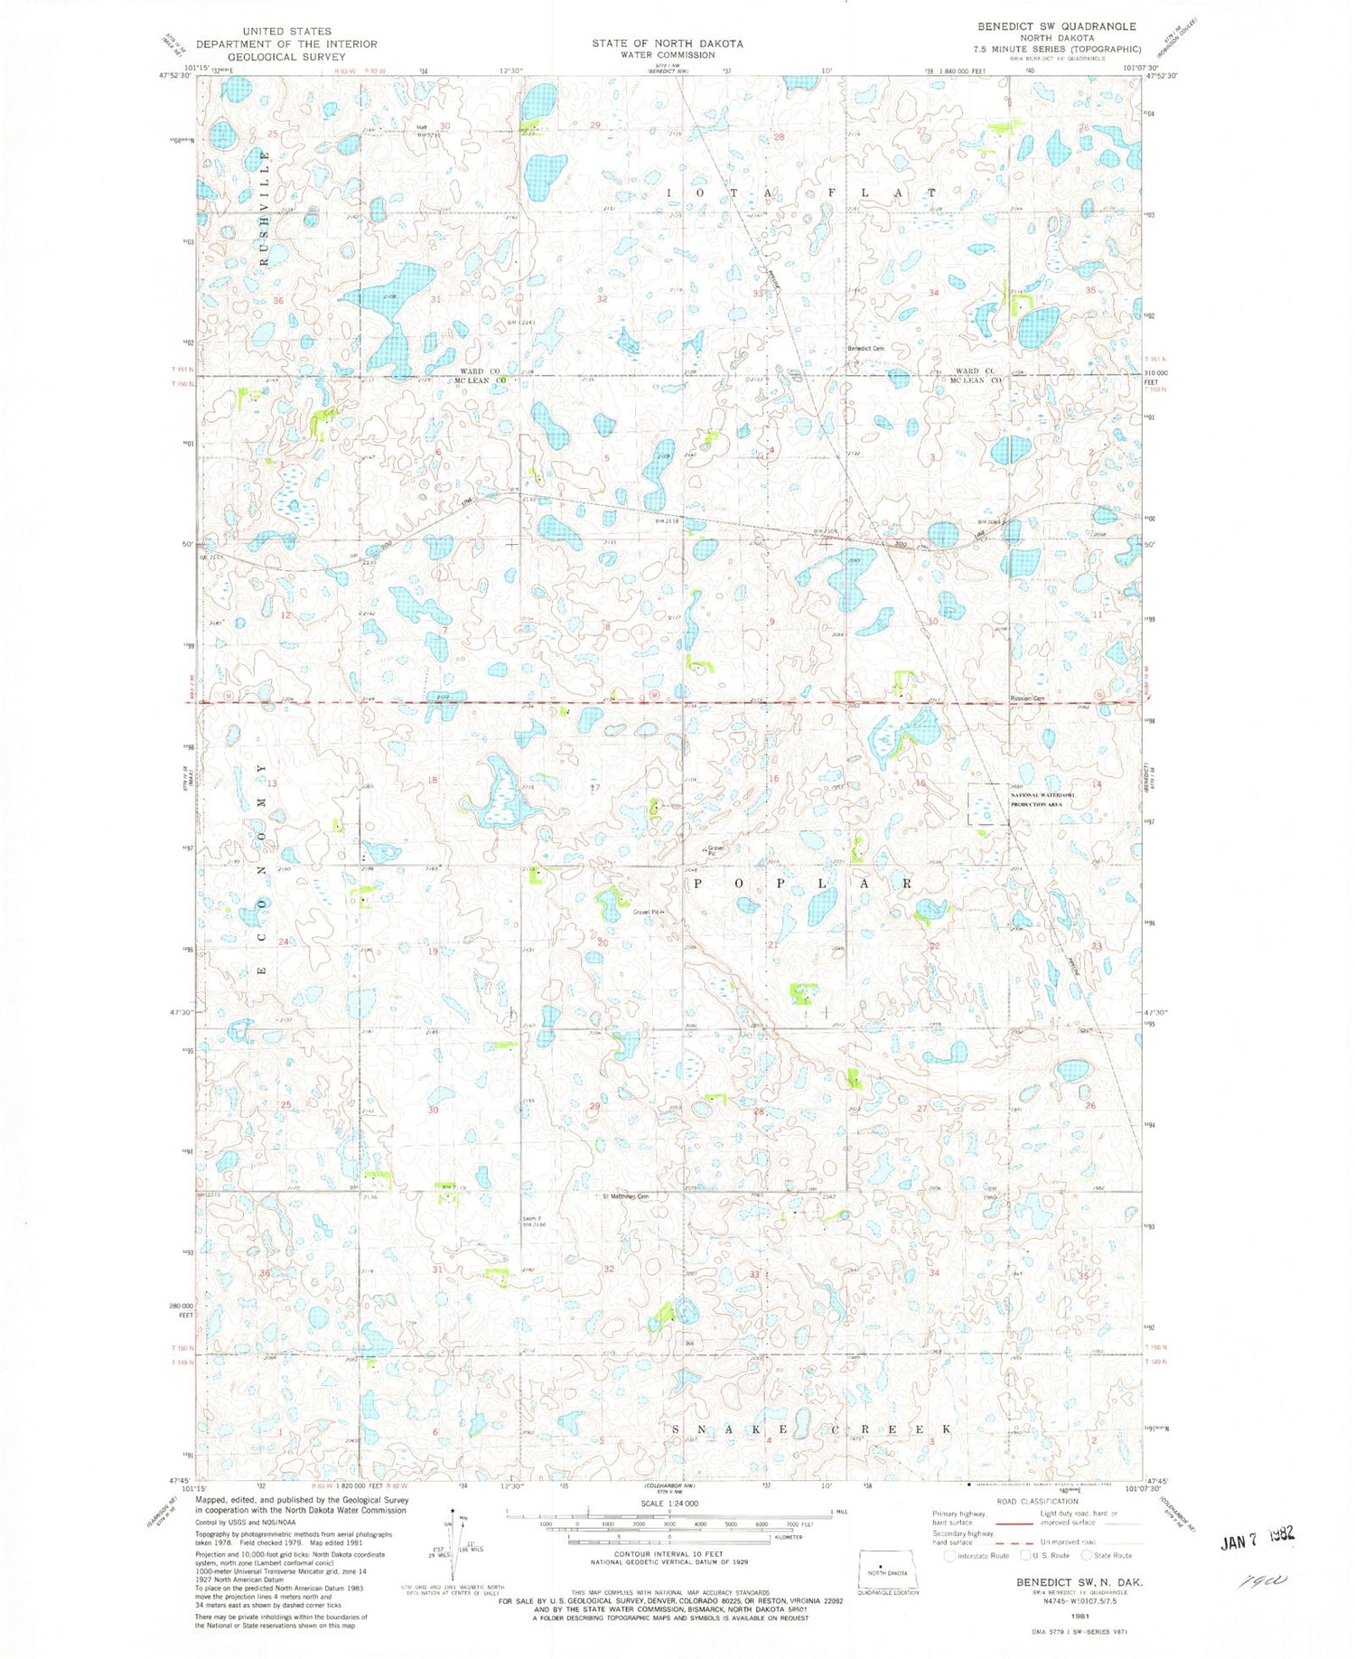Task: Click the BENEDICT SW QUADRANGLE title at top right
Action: click(1056, 26)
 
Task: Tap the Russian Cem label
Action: click(1027, 698)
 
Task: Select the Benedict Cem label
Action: click(864, 348)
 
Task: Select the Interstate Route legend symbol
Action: click(948, 1555)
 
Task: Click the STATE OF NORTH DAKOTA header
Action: click(668, 43)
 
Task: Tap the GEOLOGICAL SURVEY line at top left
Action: click(286, 57)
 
